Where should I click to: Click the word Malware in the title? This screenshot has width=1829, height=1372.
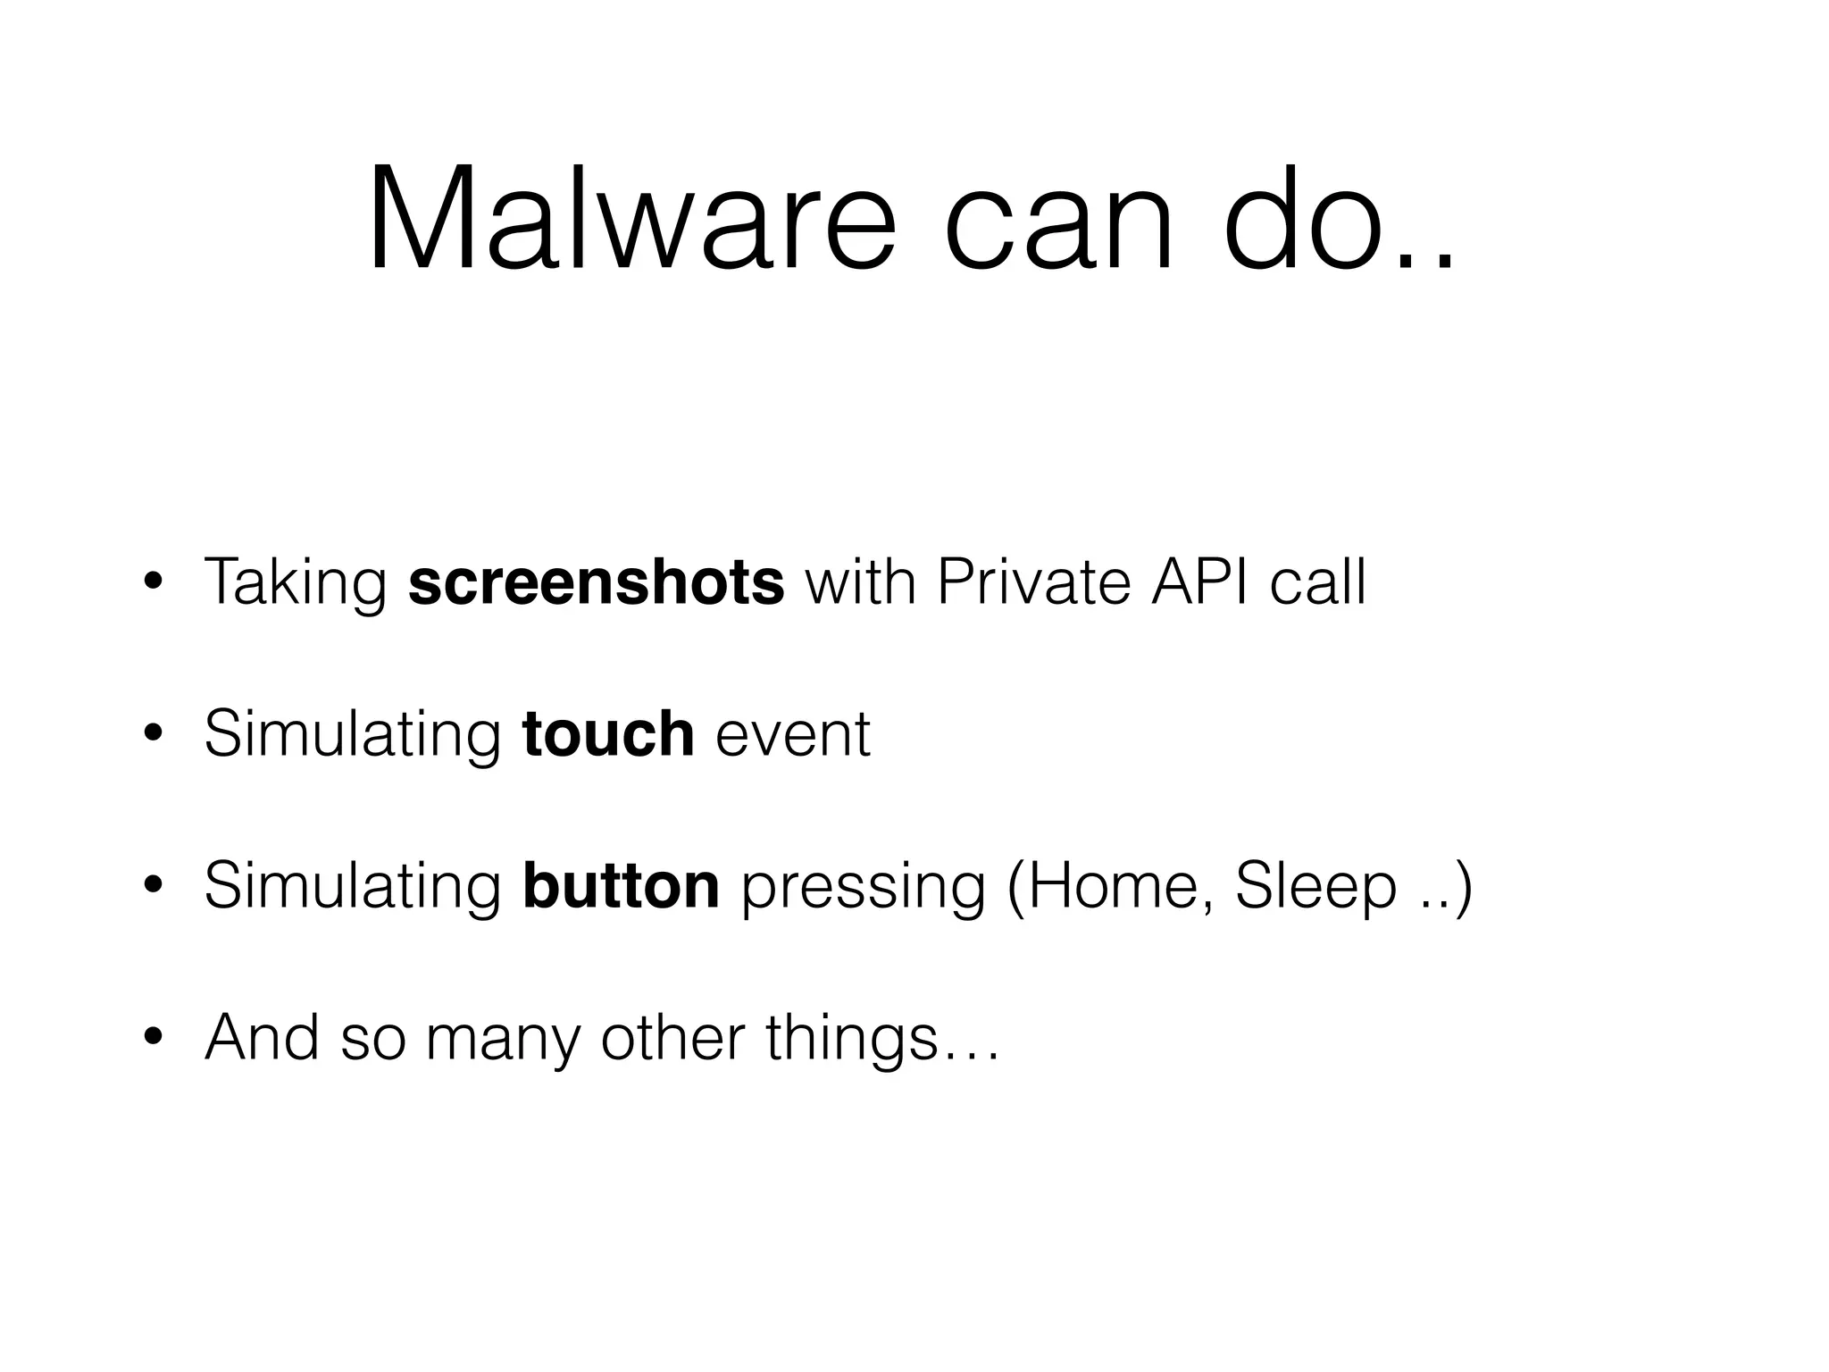[x=631, y=219]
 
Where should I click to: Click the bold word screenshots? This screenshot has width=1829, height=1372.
[x=596, y=582]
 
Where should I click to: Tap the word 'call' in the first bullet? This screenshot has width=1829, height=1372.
[x=1317, y=582]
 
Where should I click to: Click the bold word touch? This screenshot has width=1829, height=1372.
[x=608, y=734]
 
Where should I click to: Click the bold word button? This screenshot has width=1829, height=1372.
[x=621, y=885]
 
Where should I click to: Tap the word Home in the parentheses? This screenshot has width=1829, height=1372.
[x=1111, y=885]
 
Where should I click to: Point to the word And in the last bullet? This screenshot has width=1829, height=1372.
[x=262, y=1037]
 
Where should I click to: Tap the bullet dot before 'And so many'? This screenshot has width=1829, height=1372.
[x=153, y=1038]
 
